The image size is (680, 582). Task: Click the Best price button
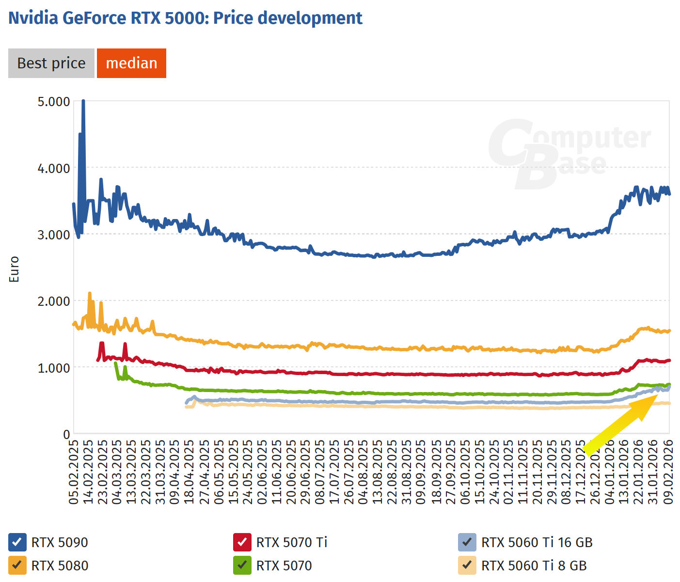[51, 63]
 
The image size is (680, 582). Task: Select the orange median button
[131, 63]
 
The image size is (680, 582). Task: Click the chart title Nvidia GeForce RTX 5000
[185, 18]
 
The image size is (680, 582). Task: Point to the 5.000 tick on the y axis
[54, 102]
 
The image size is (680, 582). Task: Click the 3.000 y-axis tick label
[54, 235]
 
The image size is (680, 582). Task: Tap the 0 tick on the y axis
[67, 434]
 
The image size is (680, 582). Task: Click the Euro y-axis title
[14, 269]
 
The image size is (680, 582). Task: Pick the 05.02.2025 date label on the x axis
[74, 472]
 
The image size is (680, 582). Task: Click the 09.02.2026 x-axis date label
[668, 472]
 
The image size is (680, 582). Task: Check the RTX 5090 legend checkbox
[17, 542]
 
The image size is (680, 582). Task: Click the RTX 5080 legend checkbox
[17, 566]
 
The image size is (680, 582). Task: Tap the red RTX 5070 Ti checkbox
[242, 542]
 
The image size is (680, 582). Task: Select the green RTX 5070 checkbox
[242, 566]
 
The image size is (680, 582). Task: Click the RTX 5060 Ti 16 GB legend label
[537, 542]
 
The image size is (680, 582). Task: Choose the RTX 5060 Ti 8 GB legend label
[534, 566]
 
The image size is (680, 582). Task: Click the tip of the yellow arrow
[657, 395]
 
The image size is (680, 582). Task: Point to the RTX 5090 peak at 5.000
[83, 101]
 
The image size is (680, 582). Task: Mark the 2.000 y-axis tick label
[54, 301]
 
